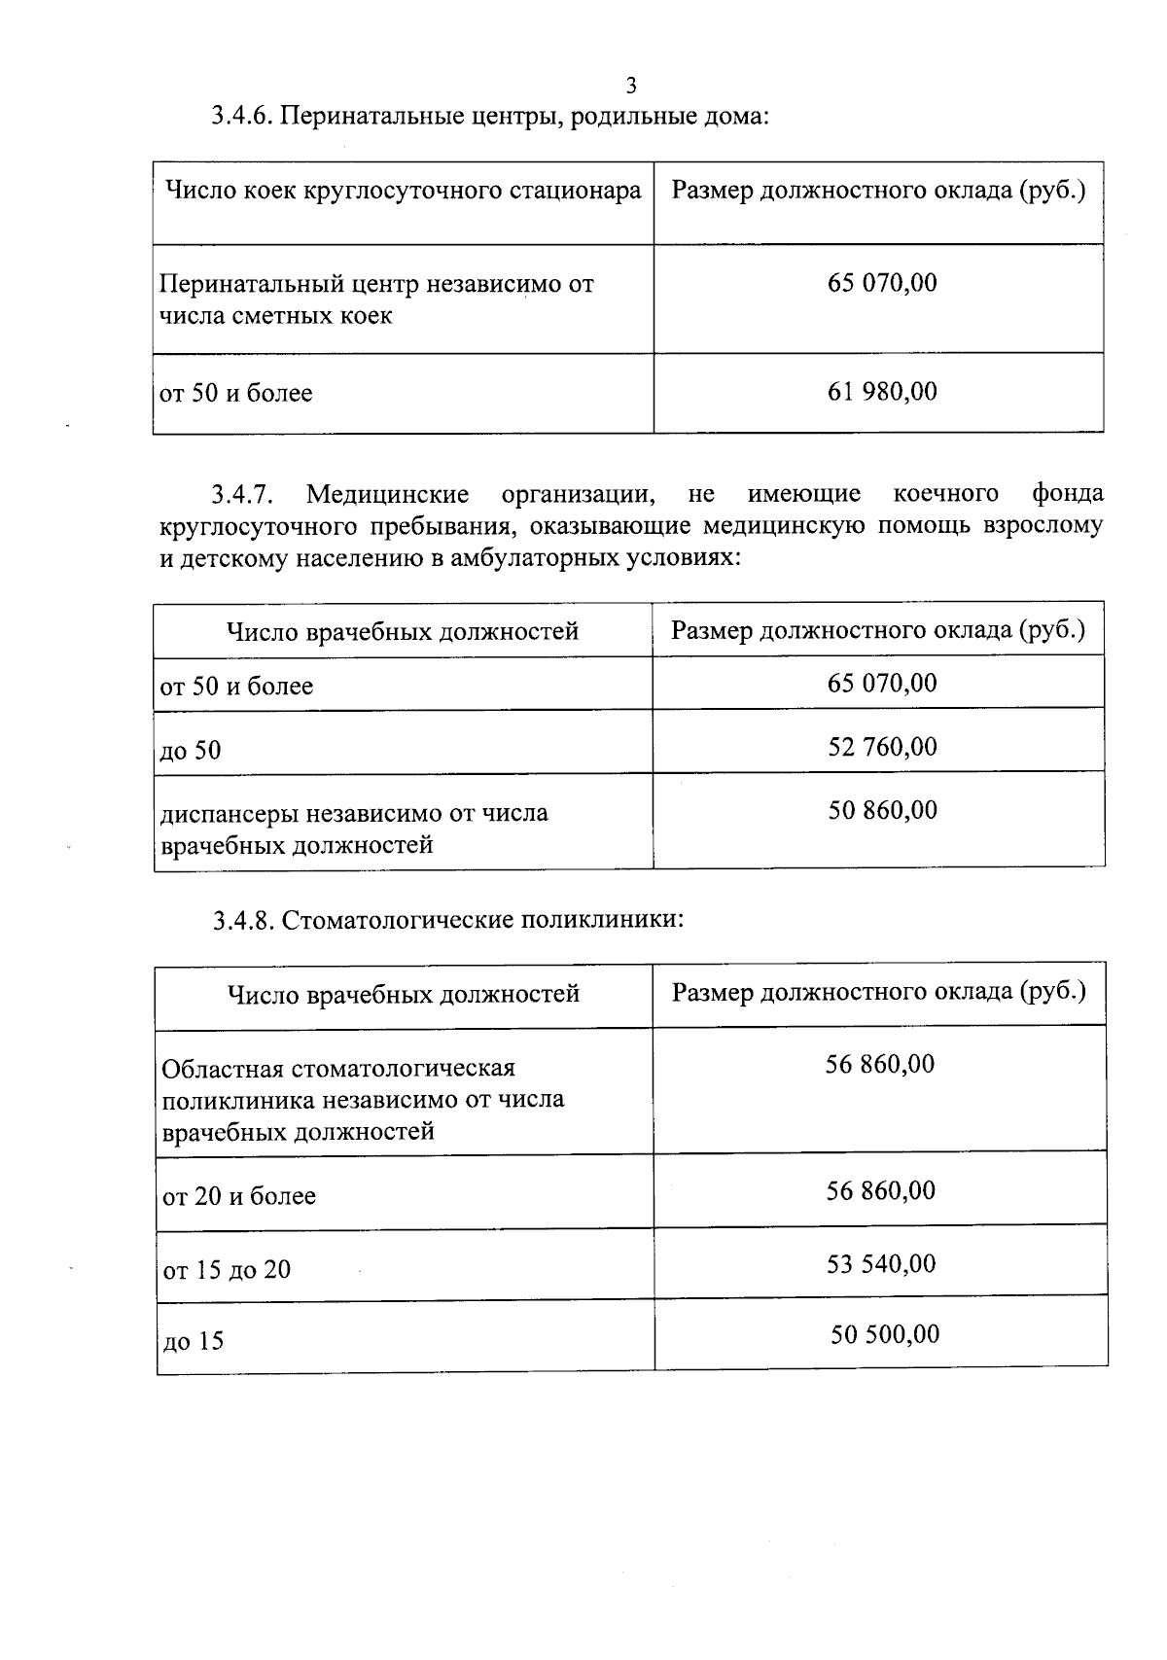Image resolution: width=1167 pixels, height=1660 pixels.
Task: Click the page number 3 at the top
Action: click(631, 86)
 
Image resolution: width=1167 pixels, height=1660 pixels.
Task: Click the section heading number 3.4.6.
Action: click(244, 118)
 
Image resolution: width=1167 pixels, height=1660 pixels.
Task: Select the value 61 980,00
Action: click(882, 392)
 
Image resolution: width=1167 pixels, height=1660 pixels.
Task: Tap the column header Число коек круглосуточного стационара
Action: click(404, 191)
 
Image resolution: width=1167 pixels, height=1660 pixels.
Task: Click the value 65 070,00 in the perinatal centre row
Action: click(882, 283)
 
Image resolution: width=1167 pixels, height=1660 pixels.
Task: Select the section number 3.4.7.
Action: click(243, 495)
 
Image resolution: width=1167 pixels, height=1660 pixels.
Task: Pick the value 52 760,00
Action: click(882, 747)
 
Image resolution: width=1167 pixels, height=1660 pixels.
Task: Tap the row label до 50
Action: click(191, 751)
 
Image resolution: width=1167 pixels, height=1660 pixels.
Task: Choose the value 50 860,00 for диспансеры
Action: click(882, 810)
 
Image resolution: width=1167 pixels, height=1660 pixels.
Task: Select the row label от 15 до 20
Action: click(227, 1270)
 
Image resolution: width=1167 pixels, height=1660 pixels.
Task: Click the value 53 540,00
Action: click(881, 1264)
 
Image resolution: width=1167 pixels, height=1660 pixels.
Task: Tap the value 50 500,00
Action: click(884, 1334)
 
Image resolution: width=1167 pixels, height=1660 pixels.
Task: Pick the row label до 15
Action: click(193, 1342)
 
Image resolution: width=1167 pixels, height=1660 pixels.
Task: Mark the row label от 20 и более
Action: click(239, 1196)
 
